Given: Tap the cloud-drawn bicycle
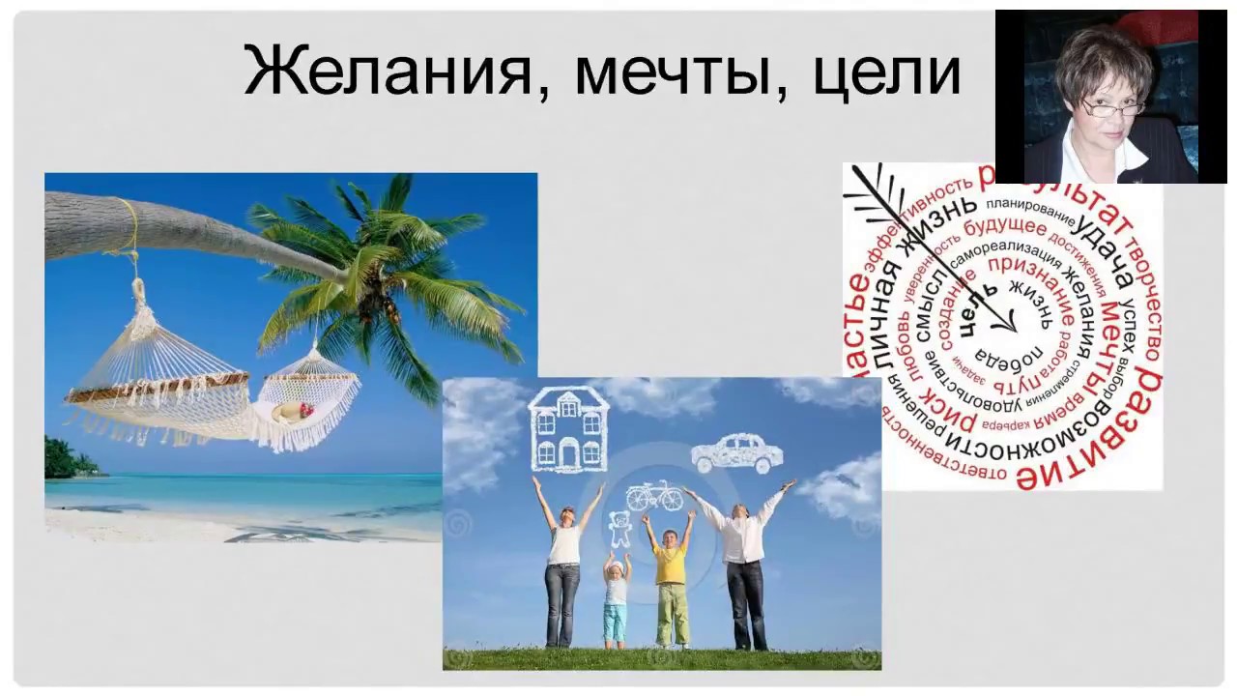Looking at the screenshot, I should click(x=654, y=496).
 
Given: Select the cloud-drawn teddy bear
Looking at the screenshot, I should click(x=619, y=528).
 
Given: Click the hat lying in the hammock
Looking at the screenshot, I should click(x=289, y=413).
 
